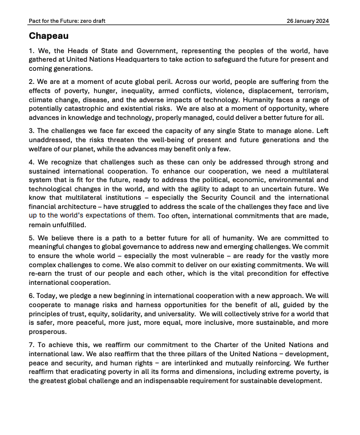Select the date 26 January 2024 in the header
click(308, 21)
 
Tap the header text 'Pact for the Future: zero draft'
click(67, 21)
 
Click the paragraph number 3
click(31, 130)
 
